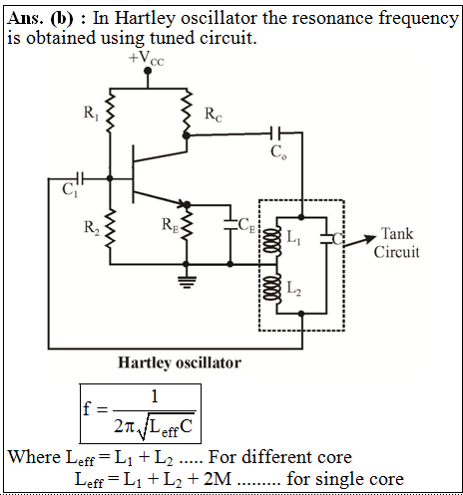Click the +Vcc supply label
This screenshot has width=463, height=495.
pos(146,59)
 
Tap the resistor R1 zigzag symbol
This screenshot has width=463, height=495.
pos(110,113)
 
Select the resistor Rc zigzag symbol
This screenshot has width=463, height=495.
pos(188,113)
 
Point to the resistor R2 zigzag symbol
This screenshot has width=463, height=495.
pos(110,228)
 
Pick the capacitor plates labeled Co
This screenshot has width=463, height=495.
pos(275,133)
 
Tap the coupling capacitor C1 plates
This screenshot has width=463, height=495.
pos(80,178)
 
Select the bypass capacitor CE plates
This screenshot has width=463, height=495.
pos(231,224)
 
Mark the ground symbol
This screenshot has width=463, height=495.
pos(187,282)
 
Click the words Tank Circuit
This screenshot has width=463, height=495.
pos(396,243)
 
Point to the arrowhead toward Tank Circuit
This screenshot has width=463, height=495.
pos(369,238)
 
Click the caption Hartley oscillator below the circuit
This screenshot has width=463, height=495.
pos(180,363)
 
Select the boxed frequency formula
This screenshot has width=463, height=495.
pos(141,413)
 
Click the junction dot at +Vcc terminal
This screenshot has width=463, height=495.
pos(148,71)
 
